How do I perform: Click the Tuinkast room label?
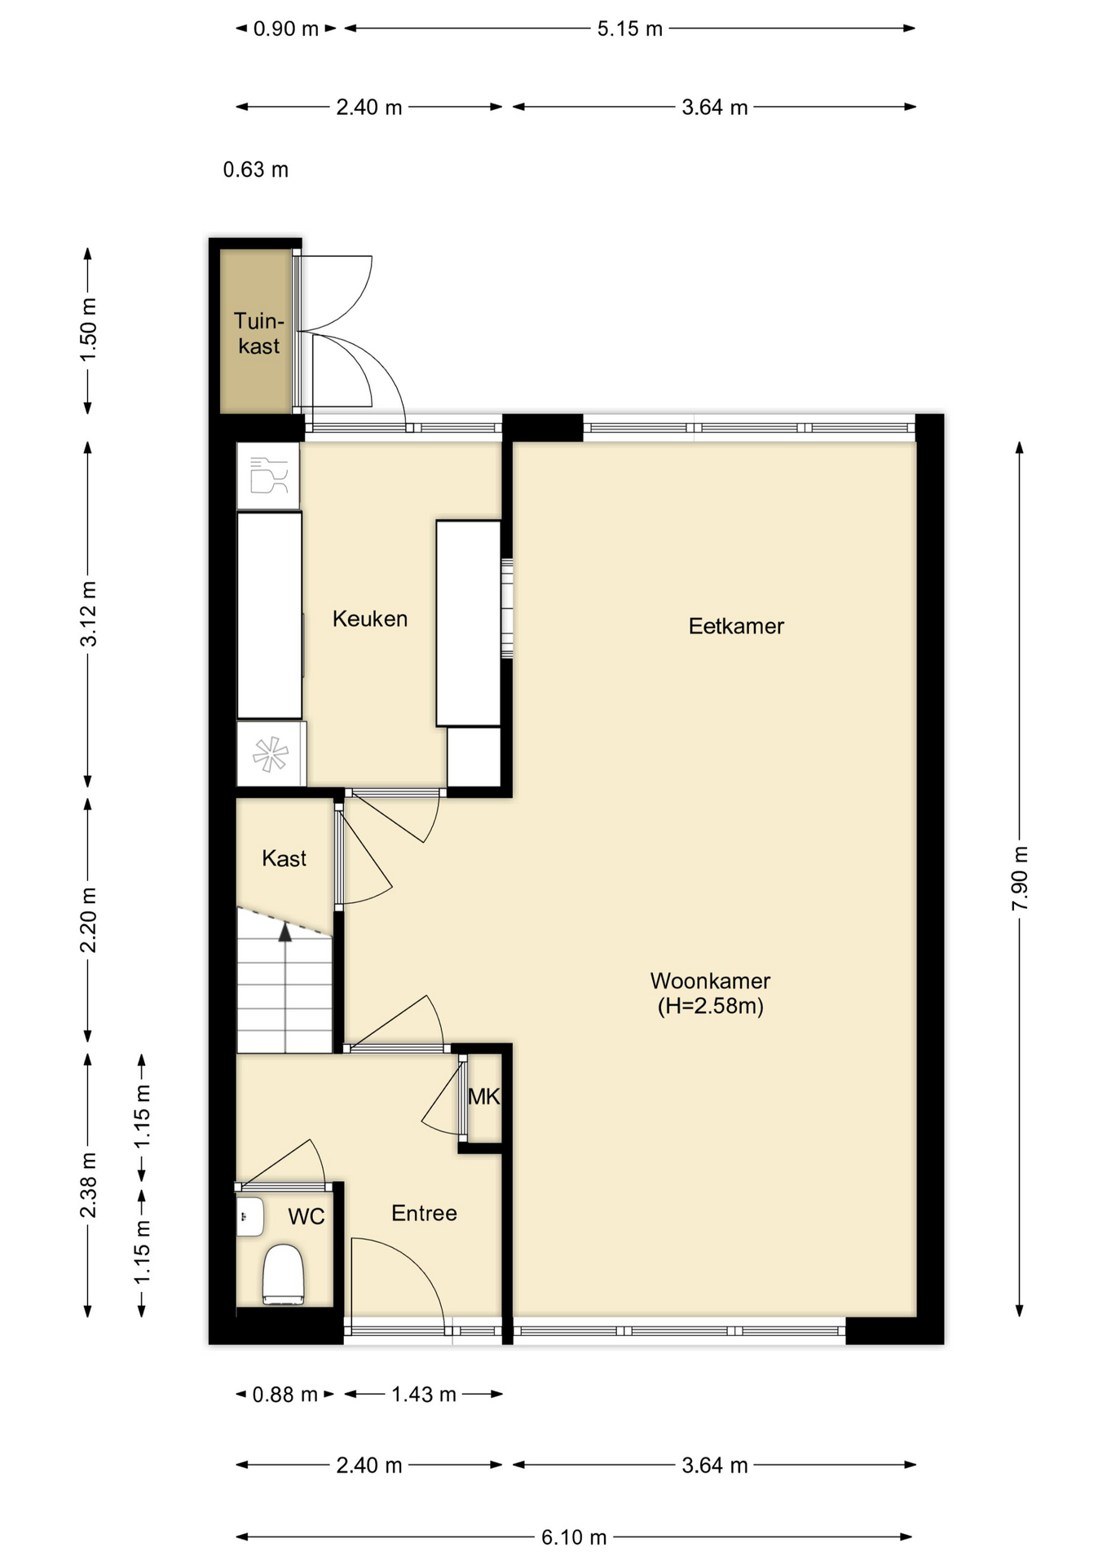258,333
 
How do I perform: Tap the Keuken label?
370,619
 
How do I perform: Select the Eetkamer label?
736,626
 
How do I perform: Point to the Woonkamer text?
710,981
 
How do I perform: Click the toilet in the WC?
284,1274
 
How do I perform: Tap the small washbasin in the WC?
250,1217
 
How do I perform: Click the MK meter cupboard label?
483,1097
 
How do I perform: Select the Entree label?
424,1213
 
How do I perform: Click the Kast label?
284,858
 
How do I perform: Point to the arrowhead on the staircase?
285,932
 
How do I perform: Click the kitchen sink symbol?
268,476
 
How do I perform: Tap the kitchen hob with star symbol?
271,754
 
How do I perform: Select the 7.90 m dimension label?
1020,879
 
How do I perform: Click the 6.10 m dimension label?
574,1537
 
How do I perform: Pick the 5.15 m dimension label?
629,29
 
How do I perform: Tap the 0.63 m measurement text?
256,170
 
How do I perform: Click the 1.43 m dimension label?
424,1395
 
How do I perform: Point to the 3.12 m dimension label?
88,614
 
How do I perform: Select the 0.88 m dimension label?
284,1395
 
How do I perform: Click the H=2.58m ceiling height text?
711,1006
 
